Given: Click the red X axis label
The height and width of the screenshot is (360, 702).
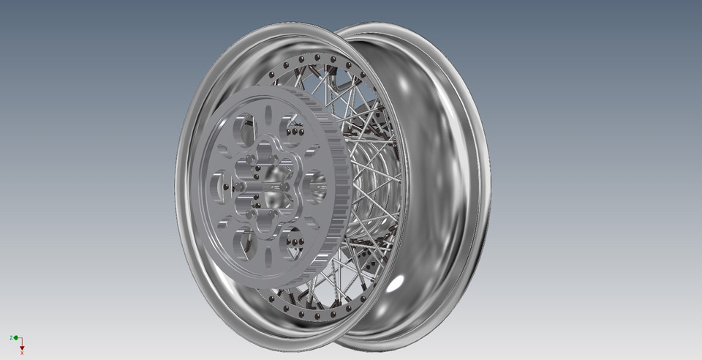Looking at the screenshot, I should (23, 353).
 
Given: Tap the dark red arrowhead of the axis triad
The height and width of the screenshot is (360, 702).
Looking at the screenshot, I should (23, 346).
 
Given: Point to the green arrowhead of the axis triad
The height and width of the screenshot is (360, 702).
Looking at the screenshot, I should (16, 337).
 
